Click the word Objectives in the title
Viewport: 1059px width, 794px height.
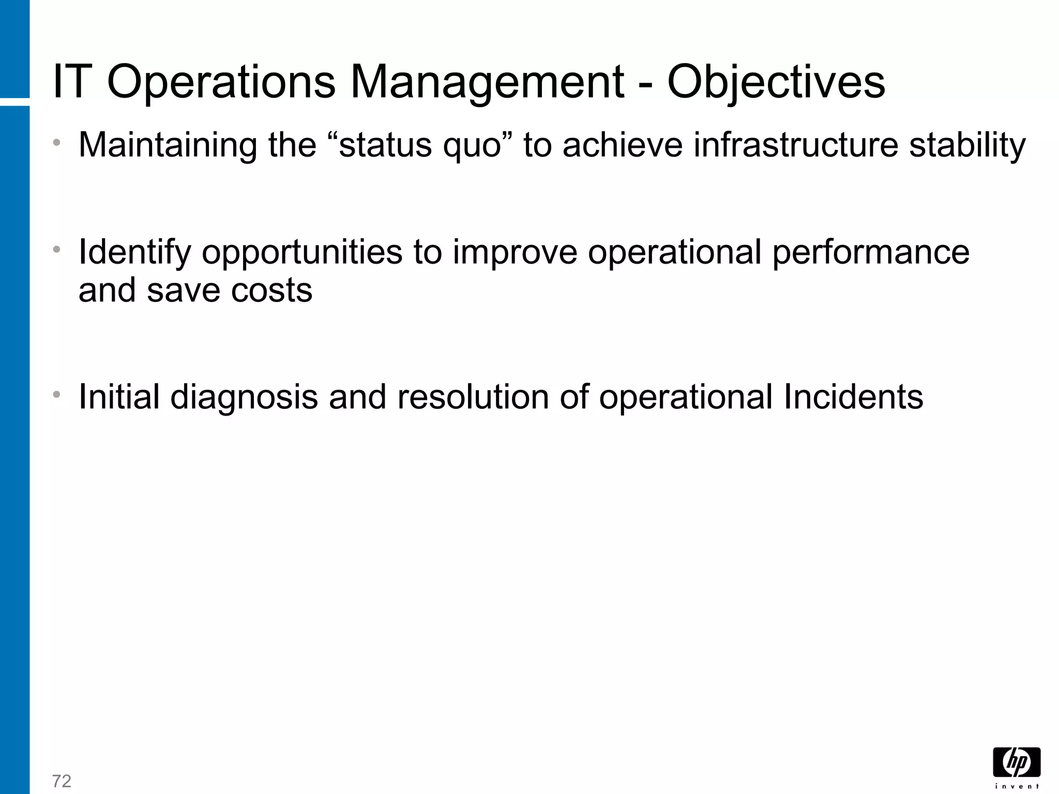click(x=776, y=83)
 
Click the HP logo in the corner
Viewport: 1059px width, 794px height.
click(x=1017, y=763)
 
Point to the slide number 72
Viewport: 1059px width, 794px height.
click(x=62, y=781)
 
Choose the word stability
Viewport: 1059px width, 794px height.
click(x=967, y=146)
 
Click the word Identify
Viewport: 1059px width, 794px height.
click(x=134, y=253)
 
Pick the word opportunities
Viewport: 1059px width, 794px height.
click(x=301, y=253)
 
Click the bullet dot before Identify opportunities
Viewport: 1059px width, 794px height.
click(x=57, y=250)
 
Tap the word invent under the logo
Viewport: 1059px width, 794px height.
click(x=1017, y=787)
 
